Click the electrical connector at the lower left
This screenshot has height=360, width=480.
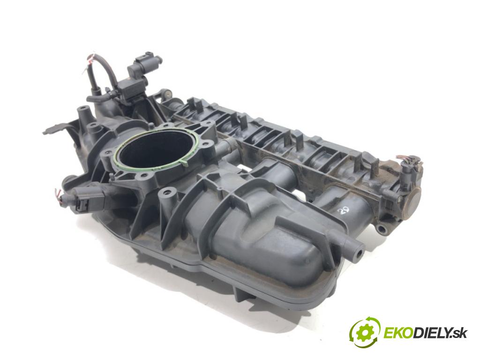click(80, 202)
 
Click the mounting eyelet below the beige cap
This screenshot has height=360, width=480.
click(383, 229)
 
